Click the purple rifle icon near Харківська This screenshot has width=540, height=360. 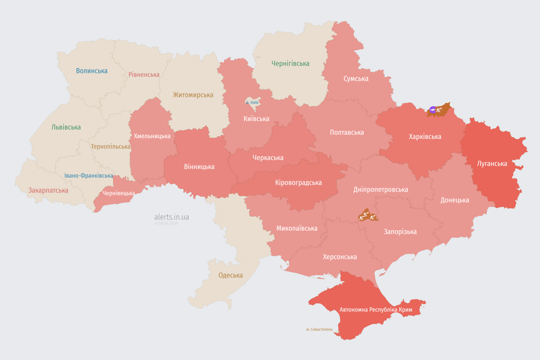pyautogui.click(x=433, y=110)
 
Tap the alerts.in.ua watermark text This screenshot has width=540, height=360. pyautogui.click(x=172, y=217)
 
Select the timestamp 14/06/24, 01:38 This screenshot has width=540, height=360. pyautogui.click(x=166, y=224)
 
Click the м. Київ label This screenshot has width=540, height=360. pyautogui.click(x=252, y=102)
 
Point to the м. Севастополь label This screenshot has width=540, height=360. pyautogui.click(x=319, y=330)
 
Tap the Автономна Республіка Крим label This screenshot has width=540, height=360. pyautogui.click(x=376, y=310)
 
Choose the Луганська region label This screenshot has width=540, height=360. pyautogui.click(x=492, y=164)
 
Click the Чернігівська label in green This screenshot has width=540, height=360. pyautogui.click(x=290, y=63)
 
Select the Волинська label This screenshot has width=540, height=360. pyautogui.click(x=91, y=71)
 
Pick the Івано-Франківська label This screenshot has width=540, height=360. pyautogui.click(x=89, y=176)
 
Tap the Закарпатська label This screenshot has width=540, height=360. pyautogui.click(x=48, y=190)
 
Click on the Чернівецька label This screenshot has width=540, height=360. pyautogui.click(x=119, y=193)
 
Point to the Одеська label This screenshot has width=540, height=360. pyautogui.click(x=231, y=275)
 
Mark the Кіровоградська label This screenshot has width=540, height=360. pyautogui.click(x=298, y=182)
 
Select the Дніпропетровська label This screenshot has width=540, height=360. pyautogui.click(x=380, y=189)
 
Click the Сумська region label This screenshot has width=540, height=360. pyautogui.click(x=356, y=78)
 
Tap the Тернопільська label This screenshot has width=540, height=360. pyautogui.click(x=111, y=146)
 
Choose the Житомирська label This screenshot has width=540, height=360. pyautogui.click(x=193, y=95)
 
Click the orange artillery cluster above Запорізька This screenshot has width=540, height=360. pyautogui.click(x=367, y=217)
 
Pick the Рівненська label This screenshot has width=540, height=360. pyautogui.click(x=144, y=75)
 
